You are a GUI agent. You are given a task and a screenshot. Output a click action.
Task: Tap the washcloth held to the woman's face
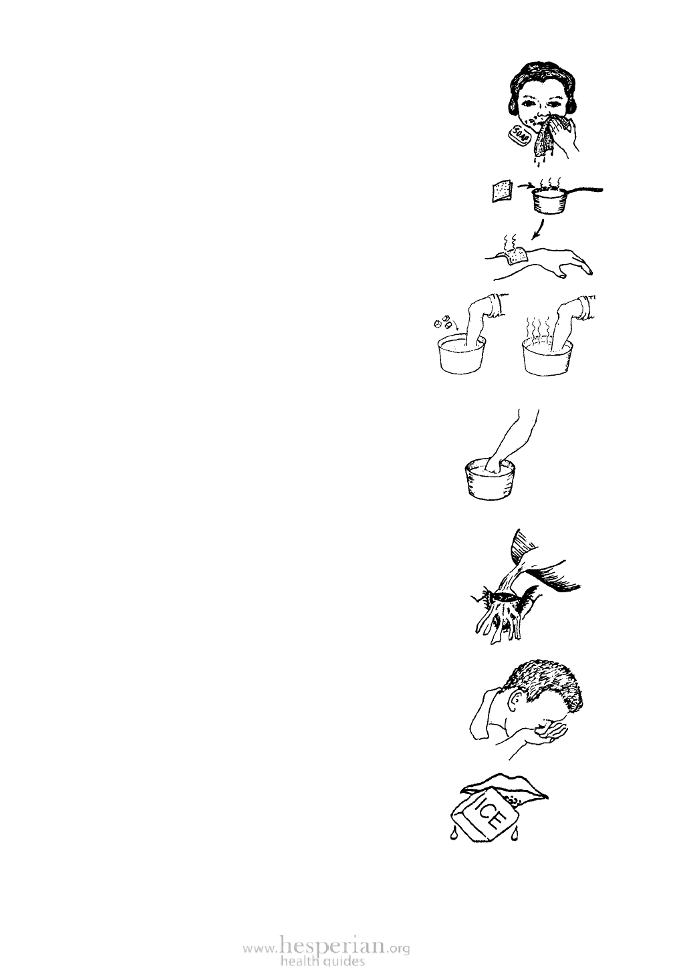(544, 136)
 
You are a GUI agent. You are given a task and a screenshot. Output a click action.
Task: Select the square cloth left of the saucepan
(500, 192)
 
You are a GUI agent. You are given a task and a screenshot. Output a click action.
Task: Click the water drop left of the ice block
(452, 834)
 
